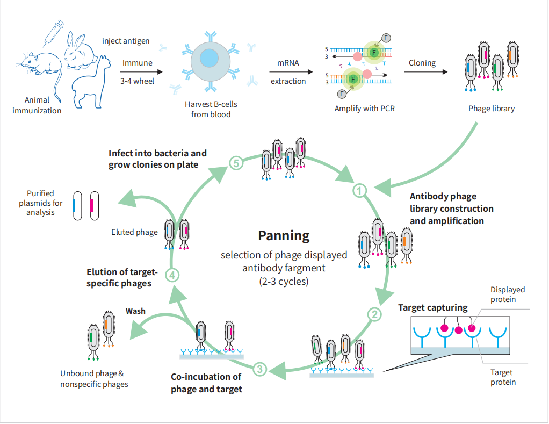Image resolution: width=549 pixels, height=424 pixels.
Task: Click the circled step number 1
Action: (x=359, y=190)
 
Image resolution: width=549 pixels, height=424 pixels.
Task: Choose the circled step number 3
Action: (x=259, y=369)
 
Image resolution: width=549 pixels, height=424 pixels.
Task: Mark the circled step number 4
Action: (x=172, y=275)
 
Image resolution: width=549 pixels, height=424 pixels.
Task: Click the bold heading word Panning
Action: (x=284, y=235)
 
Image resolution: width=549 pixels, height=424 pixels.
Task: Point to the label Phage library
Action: (x=491, y=109)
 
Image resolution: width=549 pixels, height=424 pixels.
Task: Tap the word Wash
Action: (x=135, y=311)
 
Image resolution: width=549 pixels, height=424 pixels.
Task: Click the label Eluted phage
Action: (x=134, y=232)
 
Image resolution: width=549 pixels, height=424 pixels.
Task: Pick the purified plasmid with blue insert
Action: (x=78, y=206)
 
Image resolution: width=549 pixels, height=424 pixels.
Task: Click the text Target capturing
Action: (x=432, y=308)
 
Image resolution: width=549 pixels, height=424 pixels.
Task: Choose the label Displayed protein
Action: (x=507, y=294)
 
